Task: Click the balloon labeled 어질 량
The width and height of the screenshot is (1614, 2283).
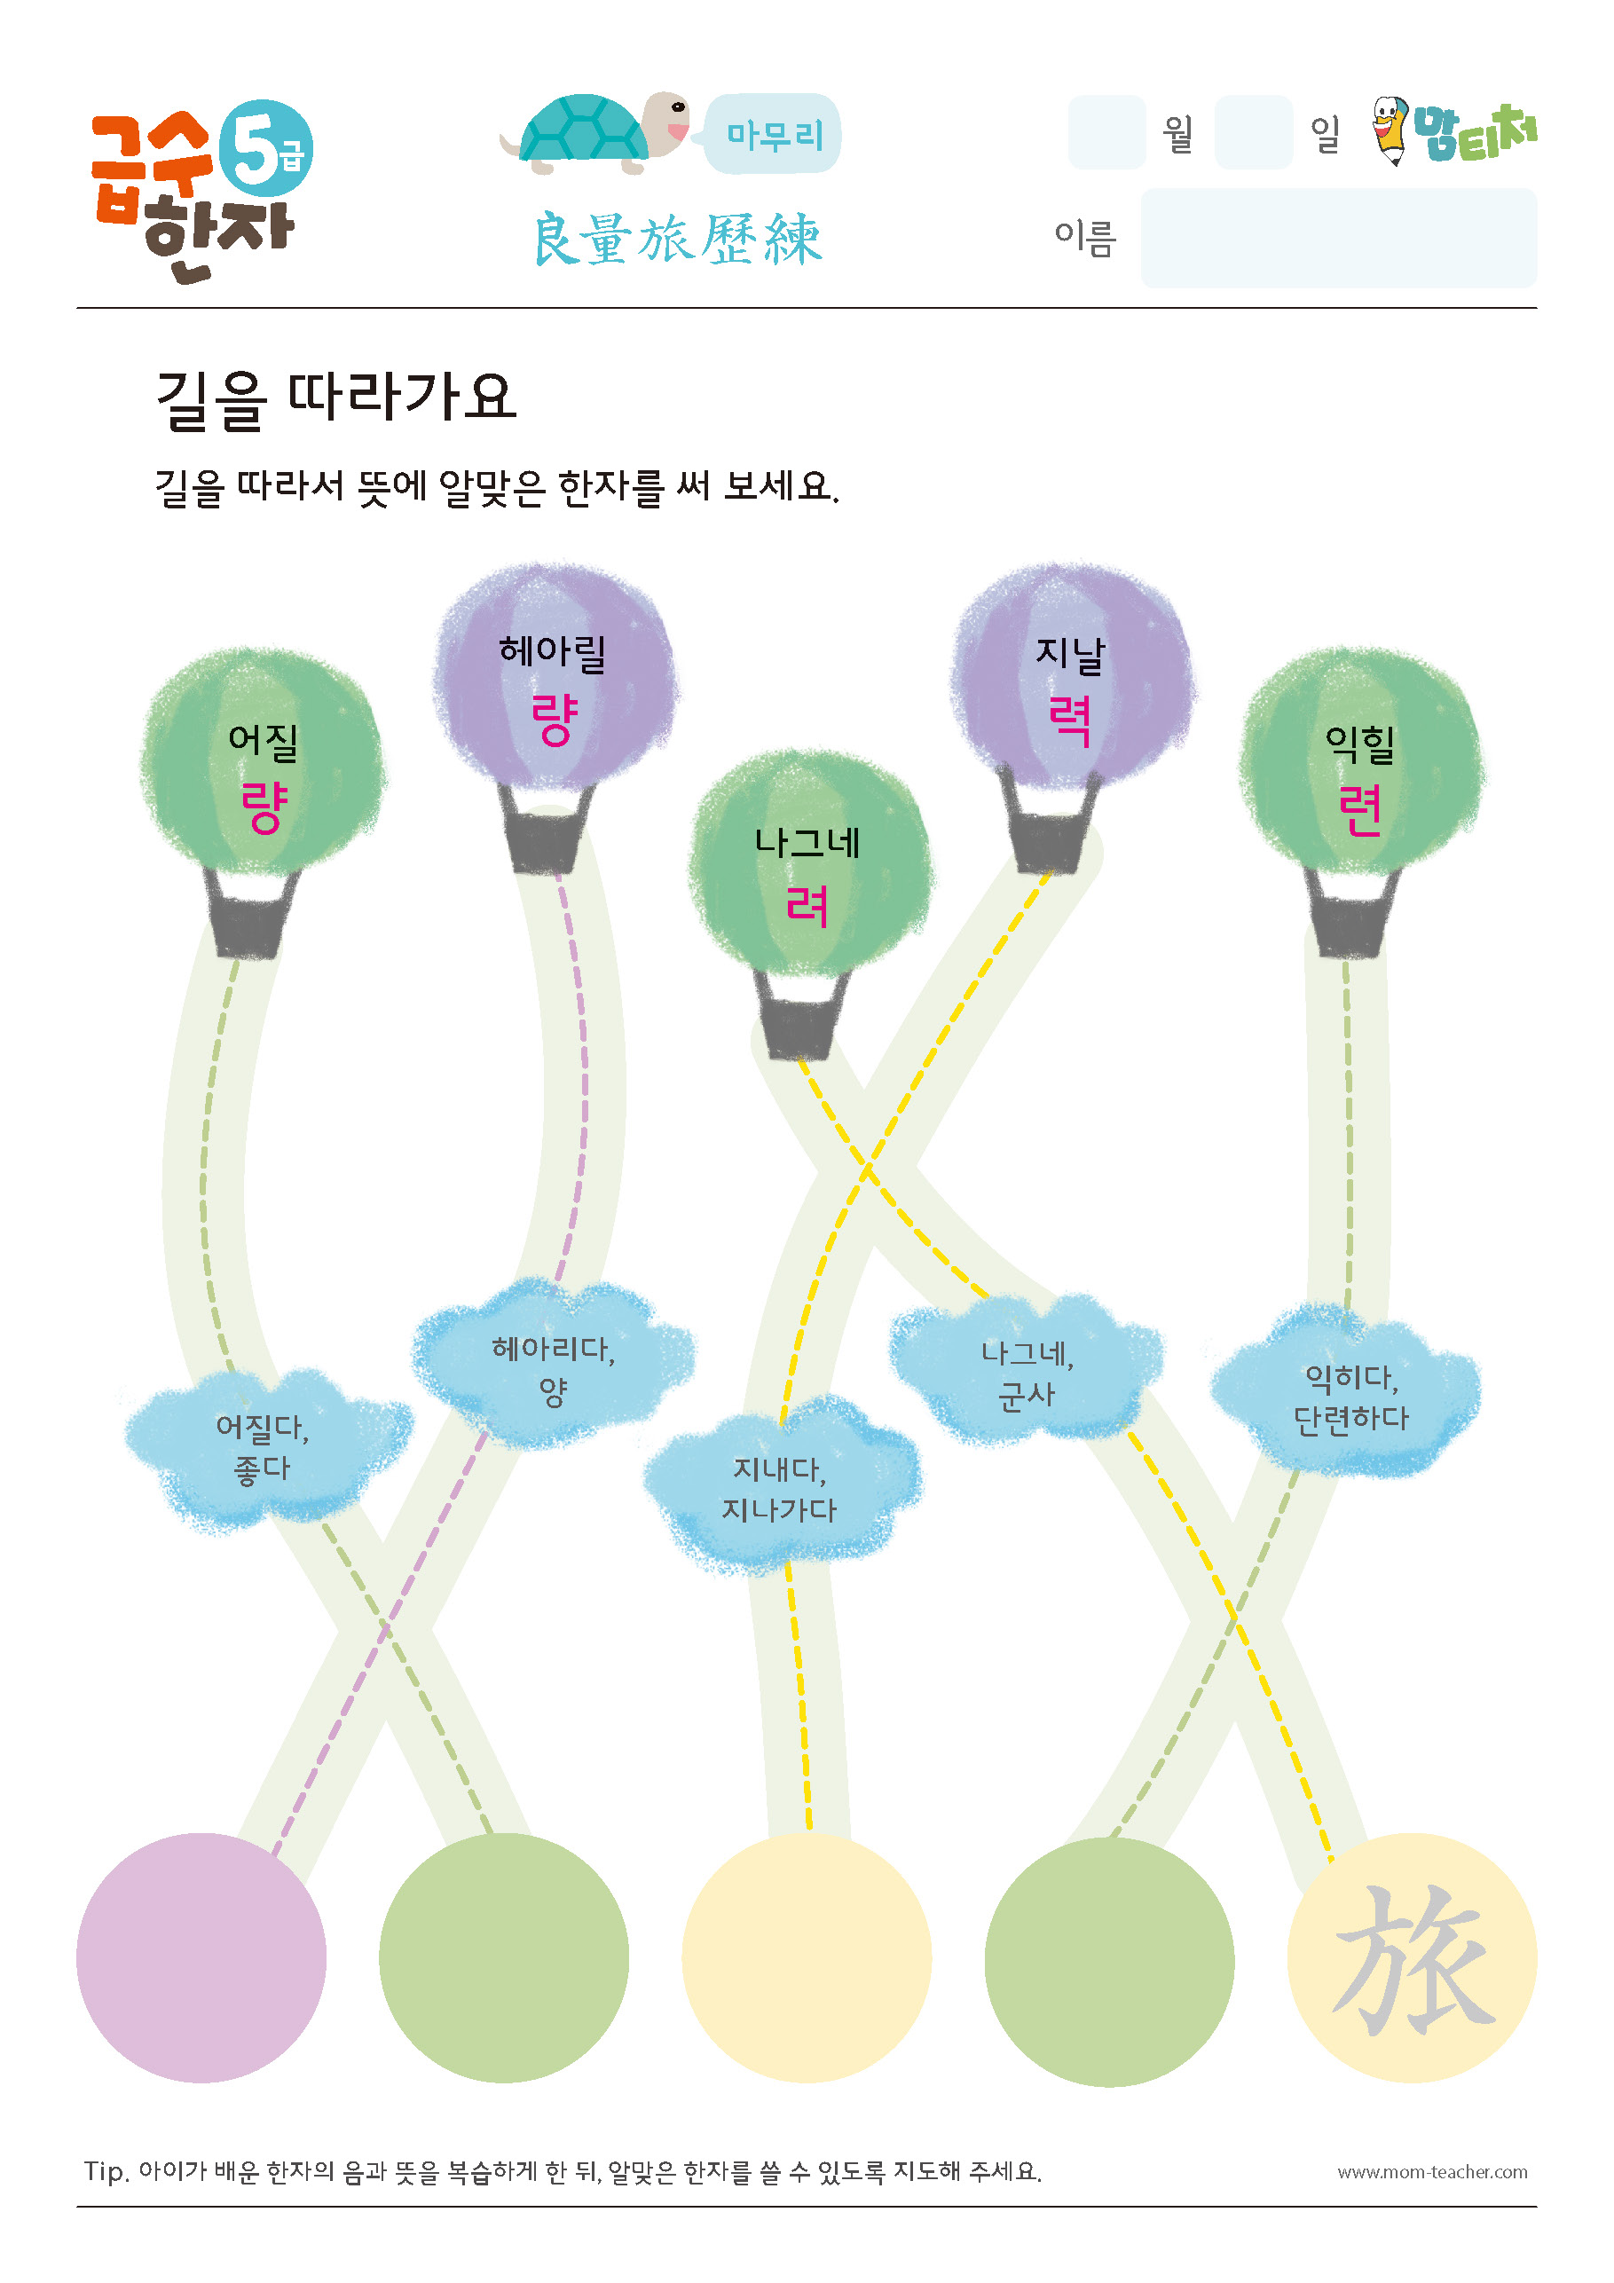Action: coord(263,760)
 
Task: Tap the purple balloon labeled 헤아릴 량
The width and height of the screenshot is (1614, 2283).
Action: coord(555,676)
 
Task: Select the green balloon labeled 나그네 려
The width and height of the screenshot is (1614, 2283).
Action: coord(809,863)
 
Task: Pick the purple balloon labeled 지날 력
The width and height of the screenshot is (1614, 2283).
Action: coord(1073,676)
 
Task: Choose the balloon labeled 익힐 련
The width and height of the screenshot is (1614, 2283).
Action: coord(1361,760)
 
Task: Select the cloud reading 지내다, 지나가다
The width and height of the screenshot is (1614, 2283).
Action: coord(782,1485)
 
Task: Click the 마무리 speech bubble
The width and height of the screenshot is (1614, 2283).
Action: coord(773,133)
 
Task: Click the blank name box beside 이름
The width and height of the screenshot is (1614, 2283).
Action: coord(1339,238)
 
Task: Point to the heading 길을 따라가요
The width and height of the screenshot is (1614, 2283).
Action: coord(336,399)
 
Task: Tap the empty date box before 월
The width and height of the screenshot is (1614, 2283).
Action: coord(1106,132)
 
